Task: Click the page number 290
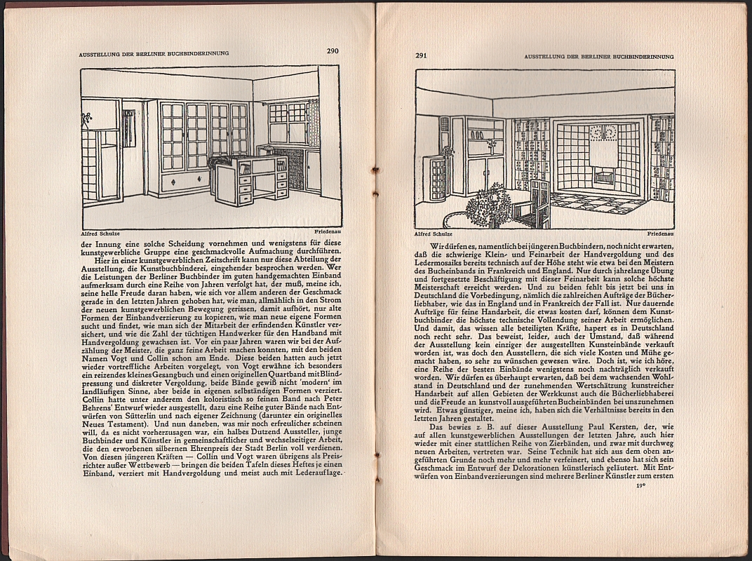[x=333, y=50]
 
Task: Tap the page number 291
[x=421, y=56]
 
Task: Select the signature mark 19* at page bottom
[x=639, y=485]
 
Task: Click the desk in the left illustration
[x=251, y=180]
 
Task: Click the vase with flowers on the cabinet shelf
[x=491, y=146]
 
